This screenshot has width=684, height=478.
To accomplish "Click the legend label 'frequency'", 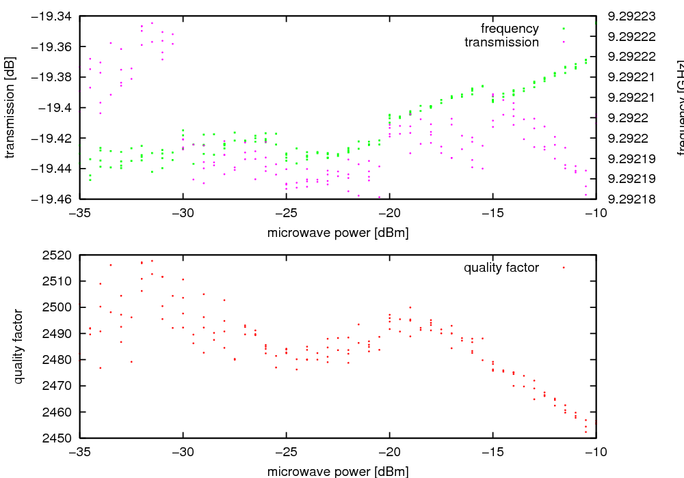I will tap(510, 29).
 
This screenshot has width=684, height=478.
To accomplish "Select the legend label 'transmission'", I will tap(501, 42).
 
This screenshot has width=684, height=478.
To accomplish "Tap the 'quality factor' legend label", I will tap(501, 268).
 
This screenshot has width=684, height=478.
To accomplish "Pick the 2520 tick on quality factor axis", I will tap(60, 255).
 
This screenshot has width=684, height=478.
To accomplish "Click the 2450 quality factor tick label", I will tap(60, 438).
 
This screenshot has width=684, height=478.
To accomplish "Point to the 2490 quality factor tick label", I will tap(60, 334).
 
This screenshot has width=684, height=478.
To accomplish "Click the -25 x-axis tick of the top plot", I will tap(287, 213).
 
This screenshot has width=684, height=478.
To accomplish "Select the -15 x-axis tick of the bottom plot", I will tap(493, 452).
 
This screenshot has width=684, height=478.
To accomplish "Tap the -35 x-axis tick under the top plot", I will tap(80, 213).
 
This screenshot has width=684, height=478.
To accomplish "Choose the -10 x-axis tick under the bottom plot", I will tap(596, 452).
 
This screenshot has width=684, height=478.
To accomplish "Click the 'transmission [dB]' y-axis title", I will tap(10, 107).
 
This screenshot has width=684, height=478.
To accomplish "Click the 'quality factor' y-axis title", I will tap(18, 346).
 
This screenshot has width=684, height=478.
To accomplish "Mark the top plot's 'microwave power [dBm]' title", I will tap(338, 233).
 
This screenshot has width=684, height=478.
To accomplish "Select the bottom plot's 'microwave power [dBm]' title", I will tap(338, 471).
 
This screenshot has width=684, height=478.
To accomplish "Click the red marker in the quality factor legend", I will tap(564, 268).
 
